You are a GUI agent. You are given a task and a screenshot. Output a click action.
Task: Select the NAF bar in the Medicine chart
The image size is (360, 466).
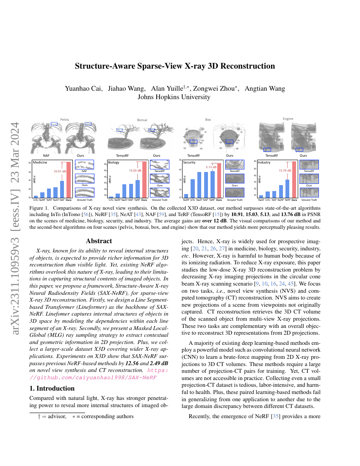coord(62,189)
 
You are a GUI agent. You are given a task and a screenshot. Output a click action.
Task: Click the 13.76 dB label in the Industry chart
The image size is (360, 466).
coord(285,171)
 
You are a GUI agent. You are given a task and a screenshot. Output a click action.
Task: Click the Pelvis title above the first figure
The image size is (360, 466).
coord(64,119)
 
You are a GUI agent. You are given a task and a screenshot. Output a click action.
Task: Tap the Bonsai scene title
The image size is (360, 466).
coord(142,120)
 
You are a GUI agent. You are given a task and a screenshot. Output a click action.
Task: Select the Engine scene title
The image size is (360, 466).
coord(288,119)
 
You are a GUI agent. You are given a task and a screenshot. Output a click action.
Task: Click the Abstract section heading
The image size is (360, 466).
coord(99,241)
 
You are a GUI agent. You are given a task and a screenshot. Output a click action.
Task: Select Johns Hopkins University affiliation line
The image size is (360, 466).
coord(174,97)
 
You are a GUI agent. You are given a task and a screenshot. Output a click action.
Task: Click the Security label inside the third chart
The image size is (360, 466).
coord(189,162)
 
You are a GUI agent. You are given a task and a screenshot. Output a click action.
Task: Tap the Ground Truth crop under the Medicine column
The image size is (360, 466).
coord(85,193)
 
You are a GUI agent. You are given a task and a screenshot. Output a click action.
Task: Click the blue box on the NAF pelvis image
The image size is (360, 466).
coord(54,123)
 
